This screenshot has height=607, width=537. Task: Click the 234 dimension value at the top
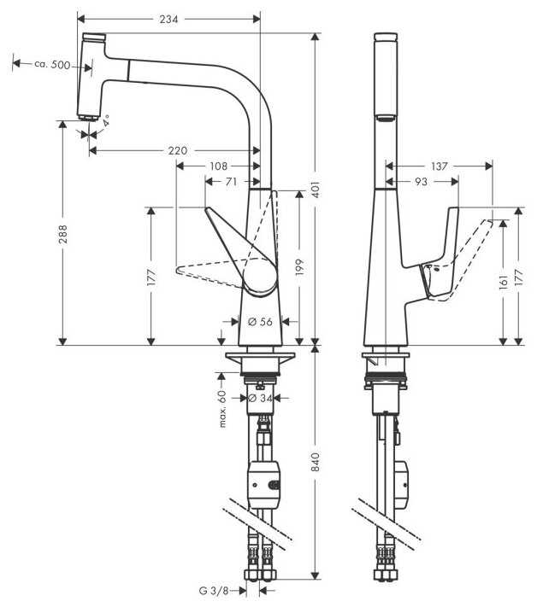pyautogui.click(x=168, y=19)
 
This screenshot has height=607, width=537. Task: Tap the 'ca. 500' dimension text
pyautogui.click(x=52, y=64)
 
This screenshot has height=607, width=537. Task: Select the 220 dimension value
pyautogui.click(x=178, y=150)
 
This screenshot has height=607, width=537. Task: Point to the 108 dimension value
pyautogui.click(x=218, y=166)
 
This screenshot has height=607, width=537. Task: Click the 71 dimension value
pyautogui.click(x=231, y=181)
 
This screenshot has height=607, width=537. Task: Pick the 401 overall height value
pyautogui.click(x=316, y=190)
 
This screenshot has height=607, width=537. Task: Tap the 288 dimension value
pyautogui.click(x=62, y=234)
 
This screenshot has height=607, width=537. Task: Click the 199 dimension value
pyautogui.click(x=300, y=268)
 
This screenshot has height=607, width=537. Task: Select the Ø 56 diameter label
pyautogui.click(x=260, y=321)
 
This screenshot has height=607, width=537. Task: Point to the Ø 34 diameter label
pyautogui.click(x=260, y=398)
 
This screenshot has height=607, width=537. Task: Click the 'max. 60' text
pyautogui.click(x=222, y=408)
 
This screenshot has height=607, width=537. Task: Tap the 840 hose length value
pyautogui.click(x=316, y=462)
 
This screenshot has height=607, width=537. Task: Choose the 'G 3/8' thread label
pyautogui.click(x=214, y=591)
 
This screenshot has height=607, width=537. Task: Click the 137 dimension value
pyautogui.click(x=440, y=166)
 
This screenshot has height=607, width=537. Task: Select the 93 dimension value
pyautogui.click(x=421, y=181)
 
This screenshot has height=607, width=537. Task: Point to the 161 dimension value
pyautogui.click(x=504, y=283)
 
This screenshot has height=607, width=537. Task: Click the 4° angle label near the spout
pyautogui.click(x=106, y=120)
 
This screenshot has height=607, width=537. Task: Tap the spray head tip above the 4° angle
pyautogui.click(x=87, y=118)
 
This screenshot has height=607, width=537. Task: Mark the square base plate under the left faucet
pyautogui.click(x=260, y=355)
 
